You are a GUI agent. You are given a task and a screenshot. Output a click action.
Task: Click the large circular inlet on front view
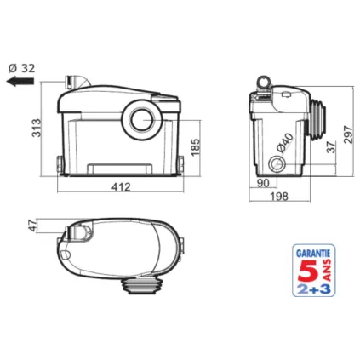(140, 117)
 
